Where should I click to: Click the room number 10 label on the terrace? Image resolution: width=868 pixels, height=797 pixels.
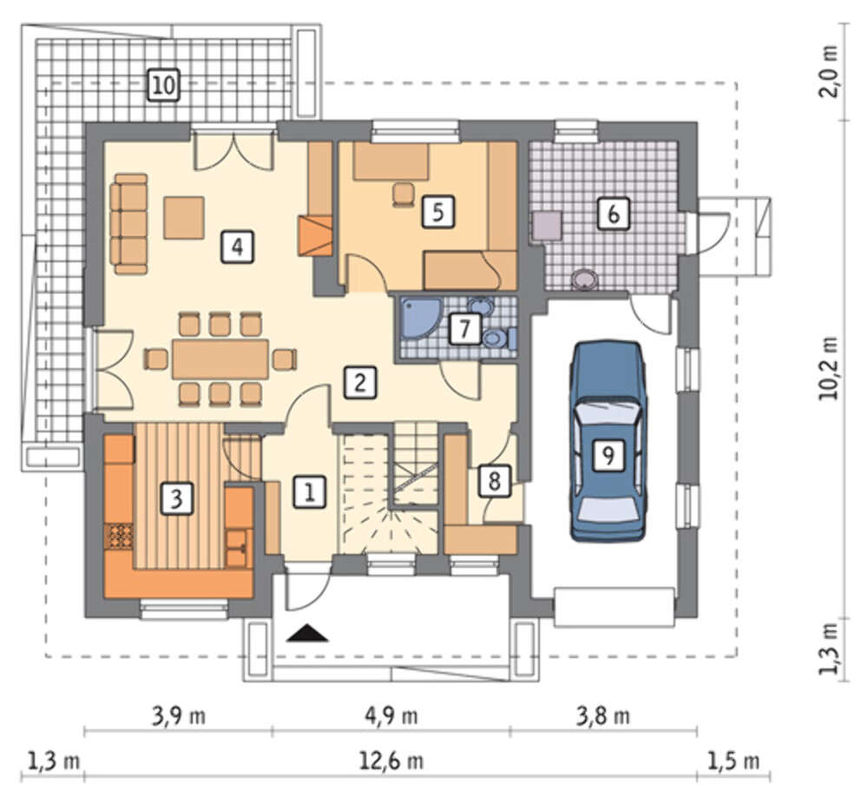[x=164, y=86]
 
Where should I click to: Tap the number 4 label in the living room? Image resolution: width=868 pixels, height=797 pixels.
[x=238, y=247]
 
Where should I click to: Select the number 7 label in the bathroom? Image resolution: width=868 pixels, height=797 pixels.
[x=464, y=329]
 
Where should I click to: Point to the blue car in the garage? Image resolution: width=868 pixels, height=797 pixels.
[x=608, y=441]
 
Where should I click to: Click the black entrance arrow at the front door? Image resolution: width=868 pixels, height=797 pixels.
[x=308, y=633]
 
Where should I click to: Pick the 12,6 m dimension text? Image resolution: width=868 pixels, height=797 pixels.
[x=391, y=761]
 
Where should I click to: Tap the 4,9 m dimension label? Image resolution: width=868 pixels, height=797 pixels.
[x=391, y=716]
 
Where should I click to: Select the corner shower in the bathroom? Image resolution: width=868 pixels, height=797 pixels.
[x=420, y=318]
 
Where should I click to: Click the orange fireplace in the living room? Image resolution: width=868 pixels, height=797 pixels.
[x=315, y=235]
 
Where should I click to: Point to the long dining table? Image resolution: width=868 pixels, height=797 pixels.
[x=220, y=359]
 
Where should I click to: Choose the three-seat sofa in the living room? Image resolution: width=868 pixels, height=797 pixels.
[x=129, y=224]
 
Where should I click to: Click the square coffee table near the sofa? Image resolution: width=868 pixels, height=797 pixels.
[x=184, y=218]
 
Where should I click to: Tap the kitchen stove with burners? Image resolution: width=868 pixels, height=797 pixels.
[x=118, y=537]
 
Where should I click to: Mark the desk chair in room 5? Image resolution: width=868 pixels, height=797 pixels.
[x=403, y=194]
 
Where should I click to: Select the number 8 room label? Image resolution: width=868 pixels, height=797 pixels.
[x=495, y=480]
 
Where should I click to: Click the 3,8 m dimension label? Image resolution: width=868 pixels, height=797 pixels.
[x=603, y=716]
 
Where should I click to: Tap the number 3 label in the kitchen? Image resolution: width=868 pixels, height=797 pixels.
[x=176, y=498]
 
